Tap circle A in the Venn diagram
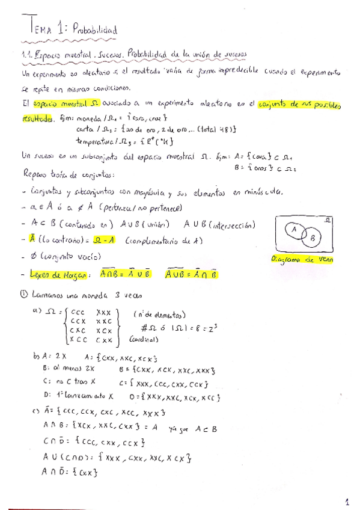294,229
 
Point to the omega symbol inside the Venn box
327,221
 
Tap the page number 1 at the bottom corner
347,500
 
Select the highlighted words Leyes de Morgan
57,274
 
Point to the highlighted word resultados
37,117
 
